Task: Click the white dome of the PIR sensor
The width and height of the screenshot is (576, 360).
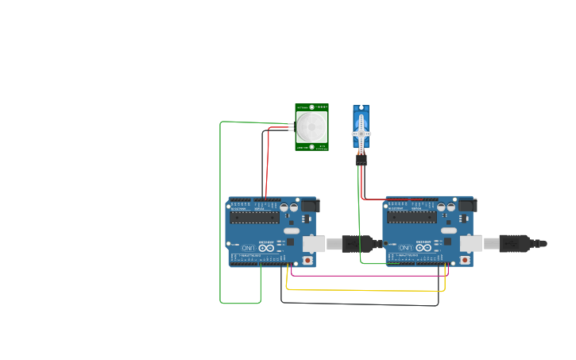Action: (x=311, y=126)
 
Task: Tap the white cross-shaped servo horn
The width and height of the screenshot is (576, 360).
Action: (x=361, y=132)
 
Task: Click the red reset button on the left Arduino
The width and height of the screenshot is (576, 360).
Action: (x=307, y=260)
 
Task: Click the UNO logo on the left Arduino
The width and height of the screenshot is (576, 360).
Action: (x=249, y=249)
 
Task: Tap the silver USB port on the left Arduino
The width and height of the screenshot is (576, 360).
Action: (x=312, y=243)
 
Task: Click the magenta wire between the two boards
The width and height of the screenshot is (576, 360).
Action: (x=365, y=276)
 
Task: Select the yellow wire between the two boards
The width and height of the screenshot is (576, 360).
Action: (x=365, y=290)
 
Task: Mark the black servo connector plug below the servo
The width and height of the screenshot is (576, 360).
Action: (x=361, y=160)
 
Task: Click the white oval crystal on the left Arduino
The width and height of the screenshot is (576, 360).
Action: (x=292, y=230)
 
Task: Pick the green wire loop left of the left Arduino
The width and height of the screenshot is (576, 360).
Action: (x=220, y=215)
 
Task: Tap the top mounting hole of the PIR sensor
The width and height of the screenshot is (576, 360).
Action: (x=322, y=106)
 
